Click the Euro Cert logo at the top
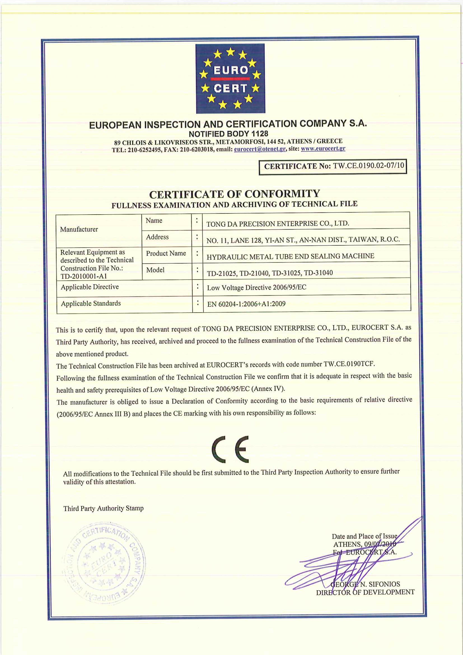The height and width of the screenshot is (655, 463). click(230, 78)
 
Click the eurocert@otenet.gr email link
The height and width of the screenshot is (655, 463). click(260, 149)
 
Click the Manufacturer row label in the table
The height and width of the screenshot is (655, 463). click(79, 229)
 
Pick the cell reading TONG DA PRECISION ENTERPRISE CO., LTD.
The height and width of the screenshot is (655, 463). click(278, 223)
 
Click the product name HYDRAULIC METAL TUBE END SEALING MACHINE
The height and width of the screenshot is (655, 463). click(290, 256)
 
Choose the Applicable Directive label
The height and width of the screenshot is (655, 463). click(90, 287)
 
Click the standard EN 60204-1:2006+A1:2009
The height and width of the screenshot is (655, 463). click(246, 304)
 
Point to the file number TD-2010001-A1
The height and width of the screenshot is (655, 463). click(84, 276)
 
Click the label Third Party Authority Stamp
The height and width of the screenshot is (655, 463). click(103, 508)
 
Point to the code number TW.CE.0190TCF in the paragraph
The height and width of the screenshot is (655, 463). click(349, 364)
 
